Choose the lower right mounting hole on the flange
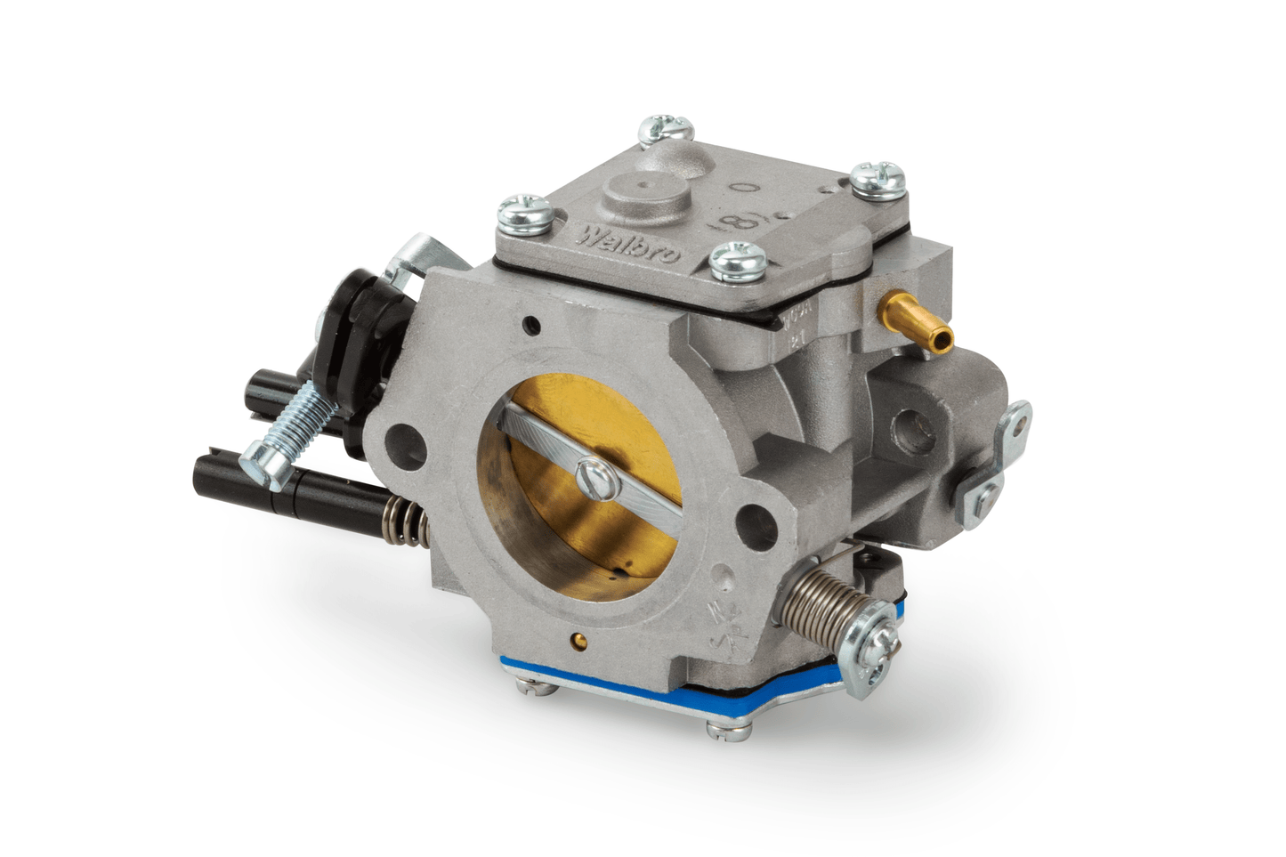coord(758,515)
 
